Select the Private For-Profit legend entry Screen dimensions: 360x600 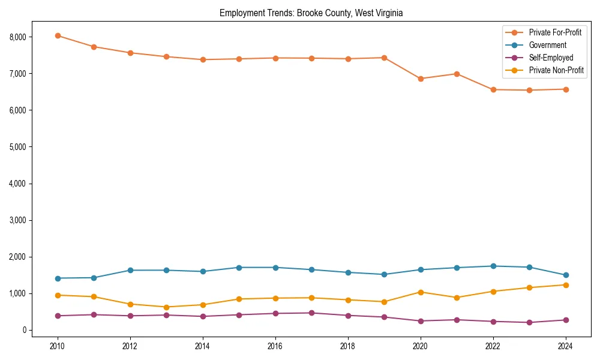pos(555,32)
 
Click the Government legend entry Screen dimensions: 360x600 pos(547,45)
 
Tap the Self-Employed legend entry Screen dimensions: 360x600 pos(551,58)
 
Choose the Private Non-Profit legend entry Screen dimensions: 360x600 pos(556,71)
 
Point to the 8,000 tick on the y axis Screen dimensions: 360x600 pos(18,37)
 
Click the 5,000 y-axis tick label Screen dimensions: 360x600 pos(18,147)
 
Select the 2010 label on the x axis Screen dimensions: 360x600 pos(58,346)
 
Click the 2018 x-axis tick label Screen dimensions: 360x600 pos(347,346)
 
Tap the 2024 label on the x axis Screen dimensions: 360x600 pos(565,346)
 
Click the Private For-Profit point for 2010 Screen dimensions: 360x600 pos(58,35)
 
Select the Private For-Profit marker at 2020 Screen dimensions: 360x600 pos(420,79)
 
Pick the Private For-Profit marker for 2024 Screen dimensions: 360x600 pos(565,89)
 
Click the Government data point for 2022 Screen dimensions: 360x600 pos(493,266)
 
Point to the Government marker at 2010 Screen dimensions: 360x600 pos(58,278)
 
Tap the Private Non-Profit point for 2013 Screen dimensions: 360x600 pos(166,307)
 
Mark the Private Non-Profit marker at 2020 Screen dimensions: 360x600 pos(420,292)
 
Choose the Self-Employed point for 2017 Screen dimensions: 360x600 pos(311,313)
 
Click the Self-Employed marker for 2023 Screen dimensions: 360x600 pos(529,322)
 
